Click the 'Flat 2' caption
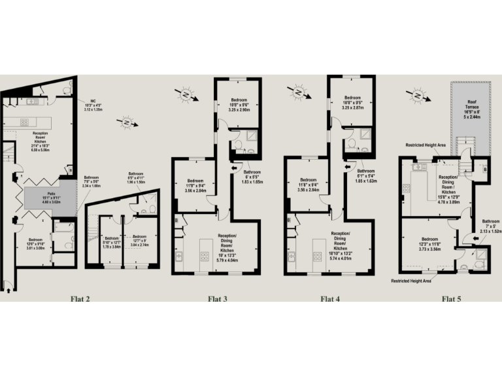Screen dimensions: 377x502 point(80,300)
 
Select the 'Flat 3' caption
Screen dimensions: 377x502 point(218,300)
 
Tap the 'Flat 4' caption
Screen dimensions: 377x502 point(331,300)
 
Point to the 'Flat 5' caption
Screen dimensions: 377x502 point(451,300)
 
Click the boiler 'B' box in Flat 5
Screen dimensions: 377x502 point(484,169)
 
